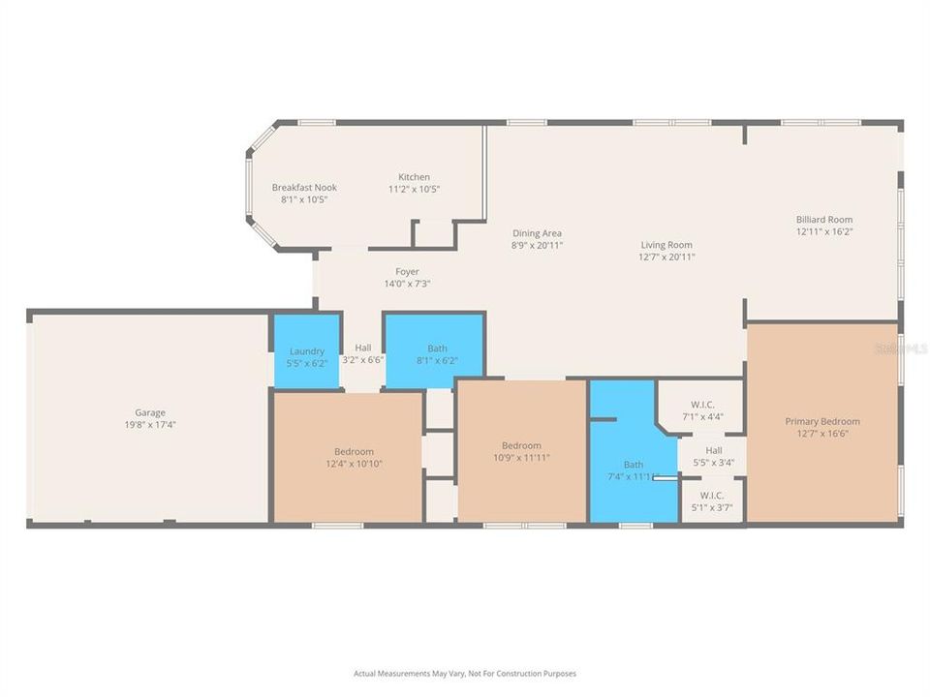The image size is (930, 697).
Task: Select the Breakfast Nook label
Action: (x=304, y=187)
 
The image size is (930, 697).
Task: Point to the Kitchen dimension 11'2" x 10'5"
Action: (x=415, y=189)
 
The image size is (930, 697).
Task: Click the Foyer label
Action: (x=407, y=272)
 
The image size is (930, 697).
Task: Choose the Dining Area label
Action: (x=537, y=233)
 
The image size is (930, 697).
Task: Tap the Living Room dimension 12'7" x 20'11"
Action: (x=666, y=257)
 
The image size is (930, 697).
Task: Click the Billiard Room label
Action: (x=824, y=220)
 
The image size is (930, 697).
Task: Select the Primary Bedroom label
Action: (x=822, y=421)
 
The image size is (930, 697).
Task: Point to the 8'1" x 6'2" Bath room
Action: (x=437, y=354)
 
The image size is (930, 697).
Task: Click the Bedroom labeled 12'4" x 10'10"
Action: (x=354, y=457)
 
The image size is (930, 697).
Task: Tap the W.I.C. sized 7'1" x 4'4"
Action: (x=702, y=410)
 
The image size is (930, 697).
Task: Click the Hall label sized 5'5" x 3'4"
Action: (x=713, y=450)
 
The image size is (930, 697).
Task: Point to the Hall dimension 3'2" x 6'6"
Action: (x=363, y=359)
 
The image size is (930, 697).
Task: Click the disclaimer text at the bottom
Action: (x=465, y=673)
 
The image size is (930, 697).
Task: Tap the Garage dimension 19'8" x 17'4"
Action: (x=149, y=424)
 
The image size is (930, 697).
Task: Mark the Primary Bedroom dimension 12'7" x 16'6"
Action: (x=822, y=434)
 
